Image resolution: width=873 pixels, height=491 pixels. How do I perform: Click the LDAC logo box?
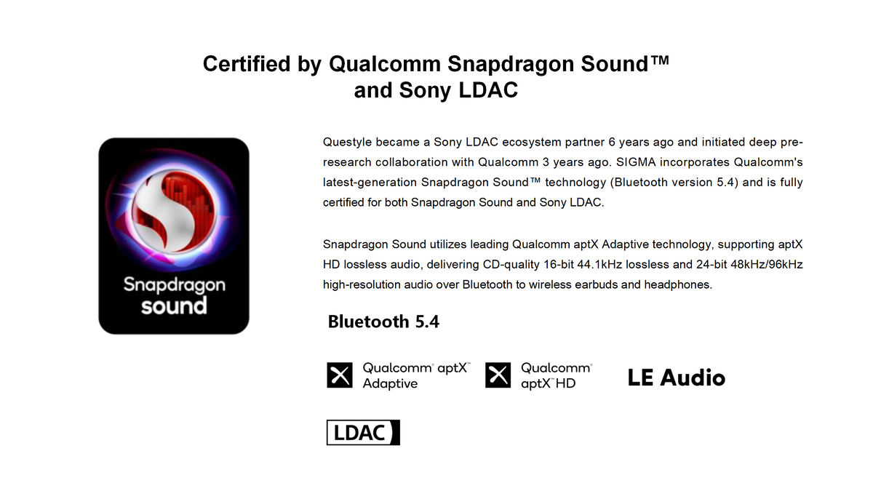(363, 432)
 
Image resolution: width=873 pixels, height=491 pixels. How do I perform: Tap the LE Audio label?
(676, 378)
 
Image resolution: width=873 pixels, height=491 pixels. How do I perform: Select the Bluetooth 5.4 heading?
(383, 322)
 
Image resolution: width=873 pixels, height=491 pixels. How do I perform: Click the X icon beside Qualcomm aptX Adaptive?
(340, 375)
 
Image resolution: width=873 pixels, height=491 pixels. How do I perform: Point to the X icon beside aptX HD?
(498, 375)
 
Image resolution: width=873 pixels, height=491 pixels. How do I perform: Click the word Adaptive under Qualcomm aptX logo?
(390, 383)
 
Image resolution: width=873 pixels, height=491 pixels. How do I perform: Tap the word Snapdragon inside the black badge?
(174, 285)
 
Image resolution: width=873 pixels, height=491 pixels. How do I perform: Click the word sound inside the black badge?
(174, 306)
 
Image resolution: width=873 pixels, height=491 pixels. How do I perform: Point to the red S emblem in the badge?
(173, 210)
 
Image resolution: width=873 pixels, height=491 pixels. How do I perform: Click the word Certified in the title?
(247, 64)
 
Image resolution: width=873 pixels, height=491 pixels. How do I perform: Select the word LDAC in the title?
(488, 90)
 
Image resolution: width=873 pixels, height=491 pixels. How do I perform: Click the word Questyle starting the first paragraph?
(347, 143)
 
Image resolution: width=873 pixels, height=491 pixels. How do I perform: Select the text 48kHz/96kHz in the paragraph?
(767, 265)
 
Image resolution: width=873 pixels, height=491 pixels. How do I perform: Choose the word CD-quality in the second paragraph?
(511, 265)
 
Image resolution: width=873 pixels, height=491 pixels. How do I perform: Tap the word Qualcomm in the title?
(385, 64)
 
